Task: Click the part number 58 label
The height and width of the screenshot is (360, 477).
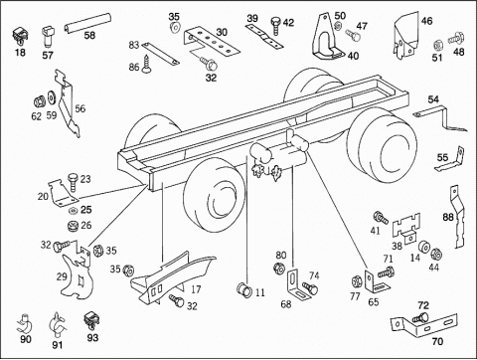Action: point(89,35)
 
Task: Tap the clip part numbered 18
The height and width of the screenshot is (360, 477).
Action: point(19,36)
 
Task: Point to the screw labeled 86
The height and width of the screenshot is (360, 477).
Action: point(146,64)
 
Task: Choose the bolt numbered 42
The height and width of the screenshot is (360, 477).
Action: point(276,25)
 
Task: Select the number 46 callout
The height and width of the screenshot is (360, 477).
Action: point(426,21)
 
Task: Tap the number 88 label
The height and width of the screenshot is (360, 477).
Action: point(448,217)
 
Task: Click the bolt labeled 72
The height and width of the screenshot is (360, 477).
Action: point(420,317)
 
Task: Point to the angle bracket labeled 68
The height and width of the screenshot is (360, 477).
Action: point(297,285)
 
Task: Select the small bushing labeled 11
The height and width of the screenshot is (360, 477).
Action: point(243,289)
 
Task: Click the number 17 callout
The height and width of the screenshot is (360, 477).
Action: point(196,289)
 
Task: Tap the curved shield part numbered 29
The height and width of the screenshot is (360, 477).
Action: point(76,273)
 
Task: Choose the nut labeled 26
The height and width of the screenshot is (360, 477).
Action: point(73,226)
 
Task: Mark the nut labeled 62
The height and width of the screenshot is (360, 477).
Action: point(40,101)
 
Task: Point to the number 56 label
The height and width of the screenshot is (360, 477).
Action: point(79,108)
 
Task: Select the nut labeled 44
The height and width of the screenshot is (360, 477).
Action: point(435,254)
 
